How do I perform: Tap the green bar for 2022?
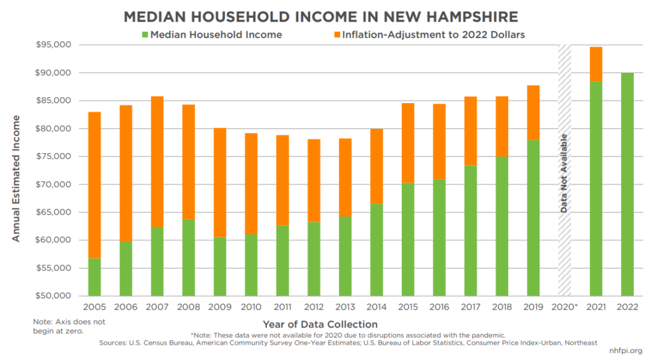click(627, 184)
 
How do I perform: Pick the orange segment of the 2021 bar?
click(596, 64)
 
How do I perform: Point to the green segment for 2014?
click(376, 250)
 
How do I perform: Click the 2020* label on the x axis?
click(565, 308)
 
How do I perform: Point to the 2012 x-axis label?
click(314, 308)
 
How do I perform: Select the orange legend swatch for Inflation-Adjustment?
click(336, 34)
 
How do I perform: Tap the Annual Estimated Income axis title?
click(17, 178)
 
